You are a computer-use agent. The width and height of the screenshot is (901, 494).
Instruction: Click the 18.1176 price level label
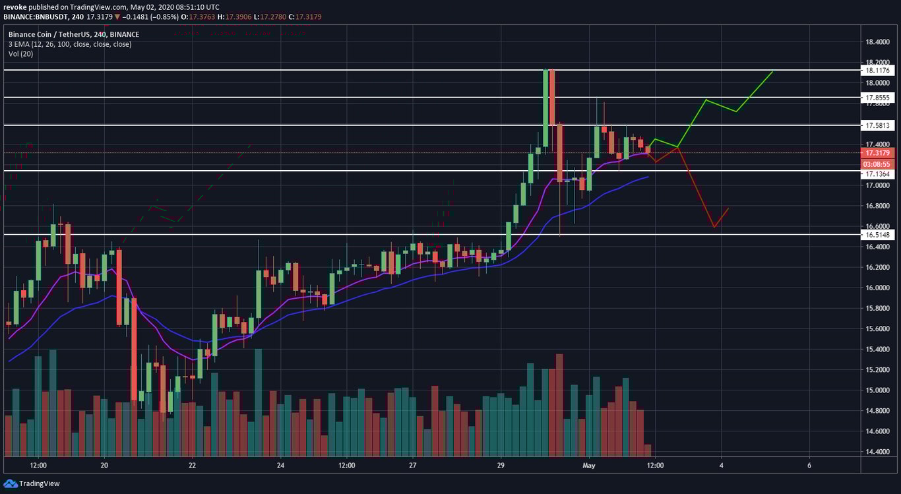pos(878,70)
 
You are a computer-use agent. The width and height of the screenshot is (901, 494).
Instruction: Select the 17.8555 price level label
pos(878,98)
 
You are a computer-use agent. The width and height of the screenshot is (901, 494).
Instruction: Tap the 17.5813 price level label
pos(878,125)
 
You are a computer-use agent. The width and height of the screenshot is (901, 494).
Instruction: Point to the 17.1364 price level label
pos(878,173)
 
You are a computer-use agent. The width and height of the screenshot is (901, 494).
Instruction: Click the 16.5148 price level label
pos(878,235)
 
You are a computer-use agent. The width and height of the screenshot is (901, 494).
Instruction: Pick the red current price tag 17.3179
pos(878,153)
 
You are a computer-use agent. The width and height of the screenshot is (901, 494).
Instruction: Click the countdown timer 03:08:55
pos(878,164)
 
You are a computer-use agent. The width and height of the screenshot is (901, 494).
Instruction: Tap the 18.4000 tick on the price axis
pos(879,42)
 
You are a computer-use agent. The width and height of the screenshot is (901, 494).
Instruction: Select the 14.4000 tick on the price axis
pos(879,452)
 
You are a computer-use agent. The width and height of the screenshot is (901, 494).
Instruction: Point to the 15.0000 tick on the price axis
pos(879,390)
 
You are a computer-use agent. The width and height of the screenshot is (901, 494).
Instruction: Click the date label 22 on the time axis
pos(192,465)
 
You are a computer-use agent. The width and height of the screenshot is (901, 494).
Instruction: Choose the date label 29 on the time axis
pos(501,465)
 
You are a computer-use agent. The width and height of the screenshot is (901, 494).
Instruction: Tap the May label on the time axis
pos(589,465)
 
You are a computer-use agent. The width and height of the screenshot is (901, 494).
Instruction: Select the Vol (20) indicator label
pos(20,54)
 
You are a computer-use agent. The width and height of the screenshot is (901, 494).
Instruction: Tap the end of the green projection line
pos(772,71)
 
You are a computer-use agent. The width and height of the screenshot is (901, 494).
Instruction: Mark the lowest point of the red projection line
pos(714,228)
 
